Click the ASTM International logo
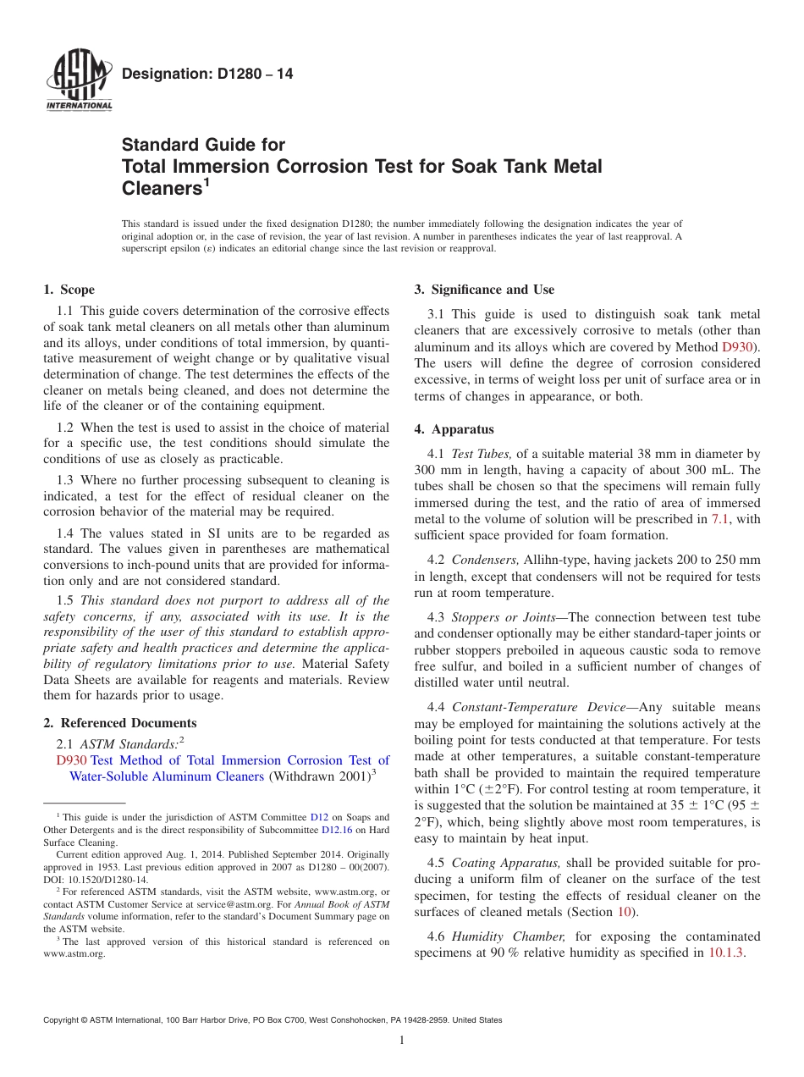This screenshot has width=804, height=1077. (x=78, y=81)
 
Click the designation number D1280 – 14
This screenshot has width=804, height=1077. (x=207, y=75)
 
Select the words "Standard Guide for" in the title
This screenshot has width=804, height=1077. (x=203, y=145)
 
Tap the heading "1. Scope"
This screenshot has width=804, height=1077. (x=69, y=290)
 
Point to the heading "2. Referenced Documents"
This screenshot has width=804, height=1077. (x=120, y=723)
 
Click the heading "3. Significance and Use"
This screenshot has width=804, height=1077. (x=484, y=290)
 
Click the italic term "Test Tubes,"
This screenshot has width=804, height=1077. (x=482, y=454)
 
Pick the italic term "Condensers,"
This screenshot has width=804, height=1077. (x=485, y=560)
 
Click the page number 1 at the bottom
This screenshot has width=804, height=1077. (x=401, y=1041)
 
